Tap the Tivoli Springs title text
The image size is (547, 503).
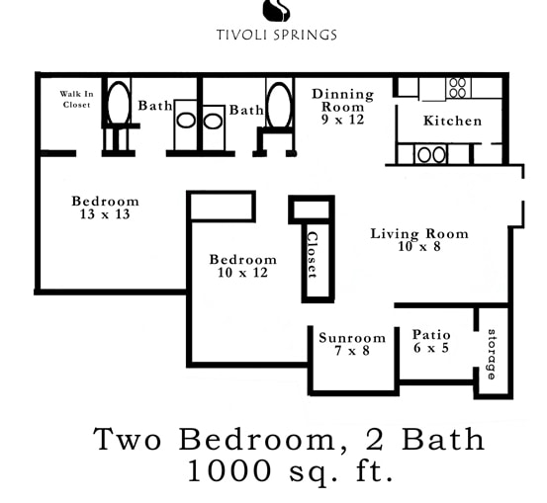[x=277, y=35]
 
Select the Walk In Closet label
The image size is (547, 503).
[x=75, y=99]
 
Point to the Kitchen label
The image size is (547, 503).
[x=452, y=121]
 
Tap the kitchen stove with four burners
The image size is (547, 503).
[x=457, y=87]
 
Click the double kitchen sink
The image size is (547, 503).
[x=430, y=154]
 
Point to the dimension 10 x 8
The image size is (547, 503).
[x=419, y=246]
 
